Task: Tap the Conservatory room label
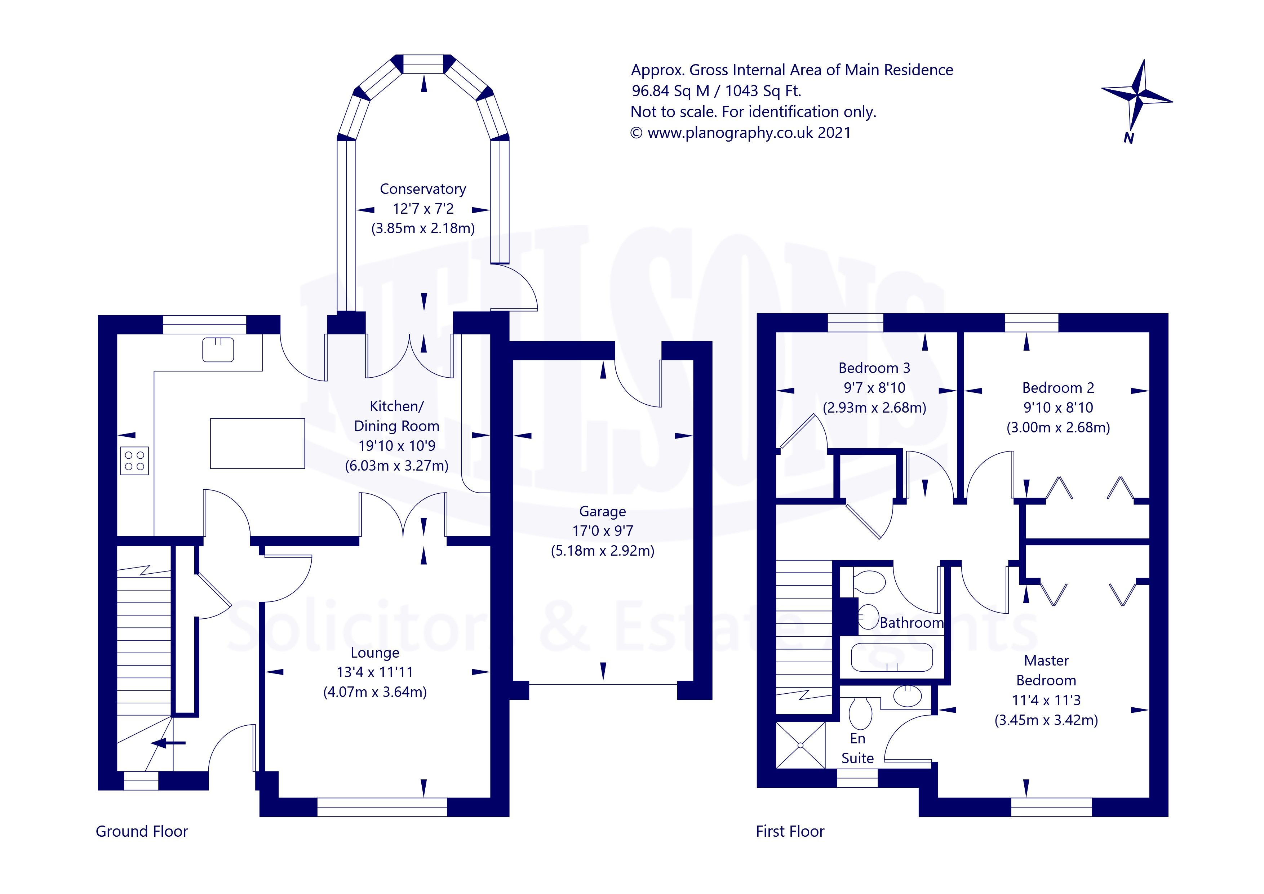coord(423,189)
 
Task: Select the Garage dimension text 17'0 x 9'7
coord(603,531)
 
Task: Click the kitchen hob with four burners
coord(134,460)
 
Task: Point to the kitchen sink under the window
coord(218,349)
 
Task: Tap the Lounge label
coord(375,653)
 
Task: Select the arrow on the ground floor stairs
coord(168,743)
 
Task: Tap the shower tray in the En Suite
coord(801,745)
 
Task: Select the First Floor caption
coord(790,831)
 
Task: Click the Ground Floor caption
coord(142,831)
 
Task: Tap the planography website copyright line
coord(740,133)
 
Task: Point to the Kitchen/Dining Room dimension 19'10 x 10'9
coord(396,445)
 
